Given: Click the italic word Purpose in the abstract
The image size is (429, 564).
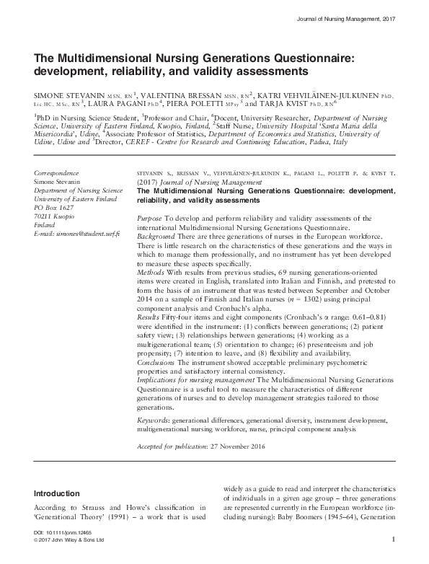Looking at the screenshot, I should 150,218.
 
